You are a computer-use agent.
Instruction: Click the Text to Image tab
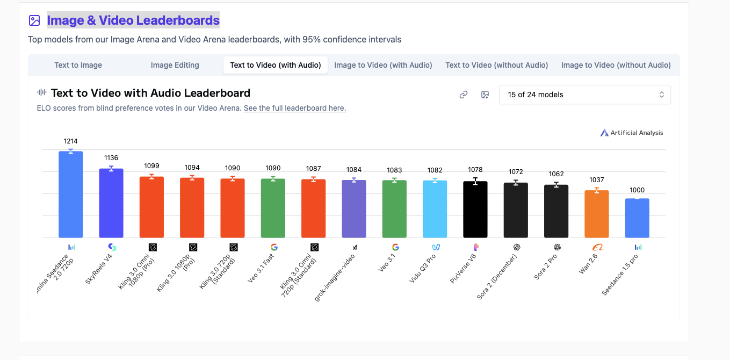[x=78, y=65]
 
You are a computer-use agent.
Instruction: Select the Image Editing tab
[x=175, y=65]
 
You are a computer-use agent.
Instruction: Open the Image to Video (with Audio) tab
[x=383, y=65]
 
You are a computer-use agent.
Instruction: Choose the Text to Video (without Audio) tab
[x=496, y=65]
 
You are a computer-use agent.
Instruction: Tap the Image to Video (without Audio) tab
[x=616, y=65]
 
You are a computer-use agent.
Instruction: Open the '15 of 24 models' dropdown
[x=584, y=95]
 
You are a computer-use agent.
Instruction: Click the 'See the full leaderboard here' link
[x=295, y=108]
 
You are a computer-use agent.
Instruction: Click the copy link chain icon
[x=464, y=95]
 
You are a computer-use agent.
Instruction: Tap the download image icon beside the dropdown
[x=485, y=95]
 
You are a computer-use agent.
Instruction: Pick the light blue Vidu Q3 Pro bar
[x=435, y=209]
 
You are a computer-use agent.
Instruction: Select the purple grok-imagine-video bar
[x=354, y=209]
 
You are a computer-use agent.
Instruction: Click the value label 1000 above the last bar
[x=637, y=190]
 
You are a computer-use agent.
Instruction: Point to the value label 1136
[x=111, y=158]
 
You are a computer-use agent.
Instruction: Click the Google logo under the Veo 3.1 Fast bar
[x=274, y=247]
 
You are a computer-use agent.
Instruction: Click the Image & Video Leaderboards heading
[x=133, y=20]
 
